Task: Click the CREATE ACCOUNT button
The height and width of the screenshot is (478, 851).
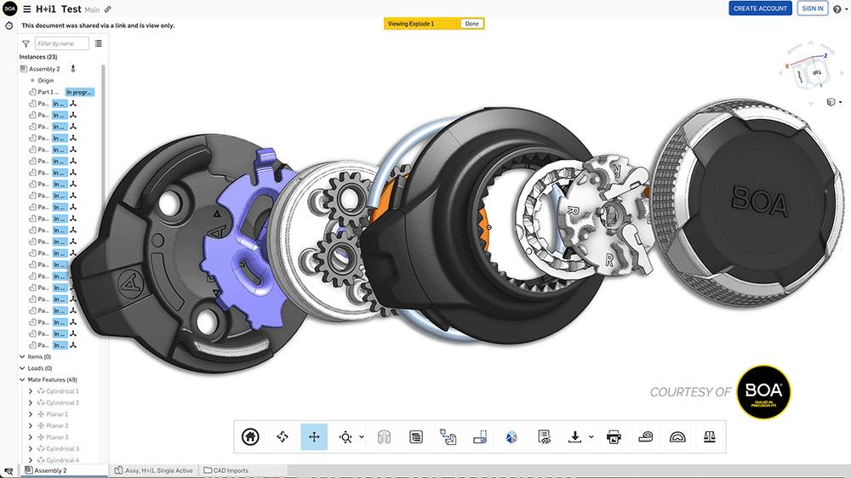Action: pyautogui.click(x=761, y=8)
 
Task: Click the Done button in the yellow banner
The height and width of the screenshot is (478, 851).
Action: pyautogui.click(x=471, y=24)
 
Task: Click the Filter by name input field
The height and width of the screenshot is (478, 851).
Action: pyautogui.click(x=62, y=43)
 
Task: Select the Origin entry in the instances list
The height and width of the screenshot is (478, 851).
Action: pyautogui.click(x=45, y=81)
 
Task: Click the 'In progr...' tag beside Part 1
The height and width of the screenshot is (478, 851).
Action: pyautogui.click(x=80, y=92)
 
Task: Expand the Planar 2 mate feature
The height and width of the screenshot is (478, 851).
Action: pyautogui.click(x=31, y=425)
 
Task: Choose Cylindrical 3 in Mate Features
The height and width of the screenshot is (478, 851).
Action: pyautogui.click(x=62, y=448)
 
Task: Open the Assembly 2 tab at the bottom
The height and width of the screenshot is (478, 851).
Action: pyautogui.click(x=50, y=470)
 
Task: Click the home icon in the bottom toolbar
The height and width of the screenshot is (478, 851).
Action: pyautogui.click(x=250, y=436)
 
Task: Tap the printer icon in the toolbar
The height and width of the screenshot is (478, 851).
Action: pyautogui.click(x=614, y=436)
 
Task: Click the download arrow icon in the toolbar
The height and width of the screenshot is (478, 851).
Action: pyautogui.click(x=574, y=436)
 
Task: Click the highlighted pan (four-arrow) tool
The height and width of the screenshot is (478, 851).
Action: pyautogui.click(x=314, y=436)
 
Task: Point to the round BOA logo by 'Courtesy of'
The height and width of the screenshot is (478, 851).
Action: pyautogui.click(x=764, y=392)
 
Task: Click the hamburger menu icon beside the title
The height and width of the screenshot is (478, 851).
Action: pyautogui.click(x=27, y=9)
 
